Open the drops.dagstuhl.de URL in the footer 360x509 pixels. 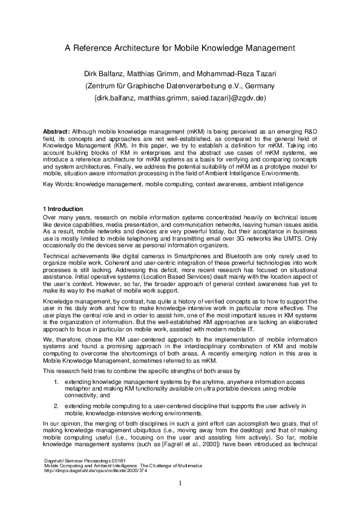[96, 471]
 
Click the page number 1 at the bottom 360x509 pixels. [180, 484]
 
